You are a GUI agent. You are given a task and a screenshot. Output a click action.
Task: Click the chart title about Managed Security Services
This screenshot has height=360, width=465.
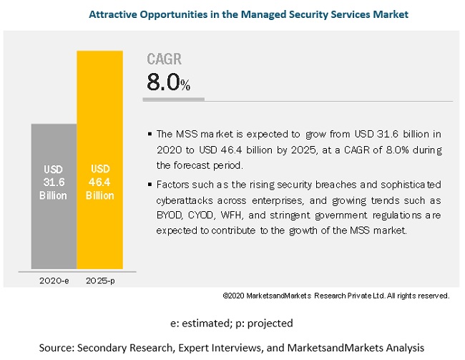(x=232, y=14)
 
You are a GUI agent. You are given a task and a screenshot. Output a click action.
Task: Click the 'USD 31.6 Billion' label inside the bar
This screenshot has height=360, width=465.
(x=54, y=183)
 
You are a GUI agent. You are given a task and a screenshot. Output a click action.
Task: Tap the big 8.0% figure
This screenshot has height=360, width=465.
(x=169, y=82)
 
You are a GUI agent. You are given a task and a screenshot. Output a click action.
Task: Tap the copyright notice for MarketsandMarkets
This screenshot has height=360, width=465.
(x=336, y=296)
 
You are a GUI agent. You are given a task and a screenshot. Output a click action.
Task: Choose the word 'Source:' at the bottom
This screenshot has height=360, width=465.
(x=59, y=347)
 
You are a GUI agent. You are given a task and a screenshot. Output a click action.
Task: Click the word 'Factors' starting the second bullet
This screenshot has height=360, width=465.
(x=172, y=185)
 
